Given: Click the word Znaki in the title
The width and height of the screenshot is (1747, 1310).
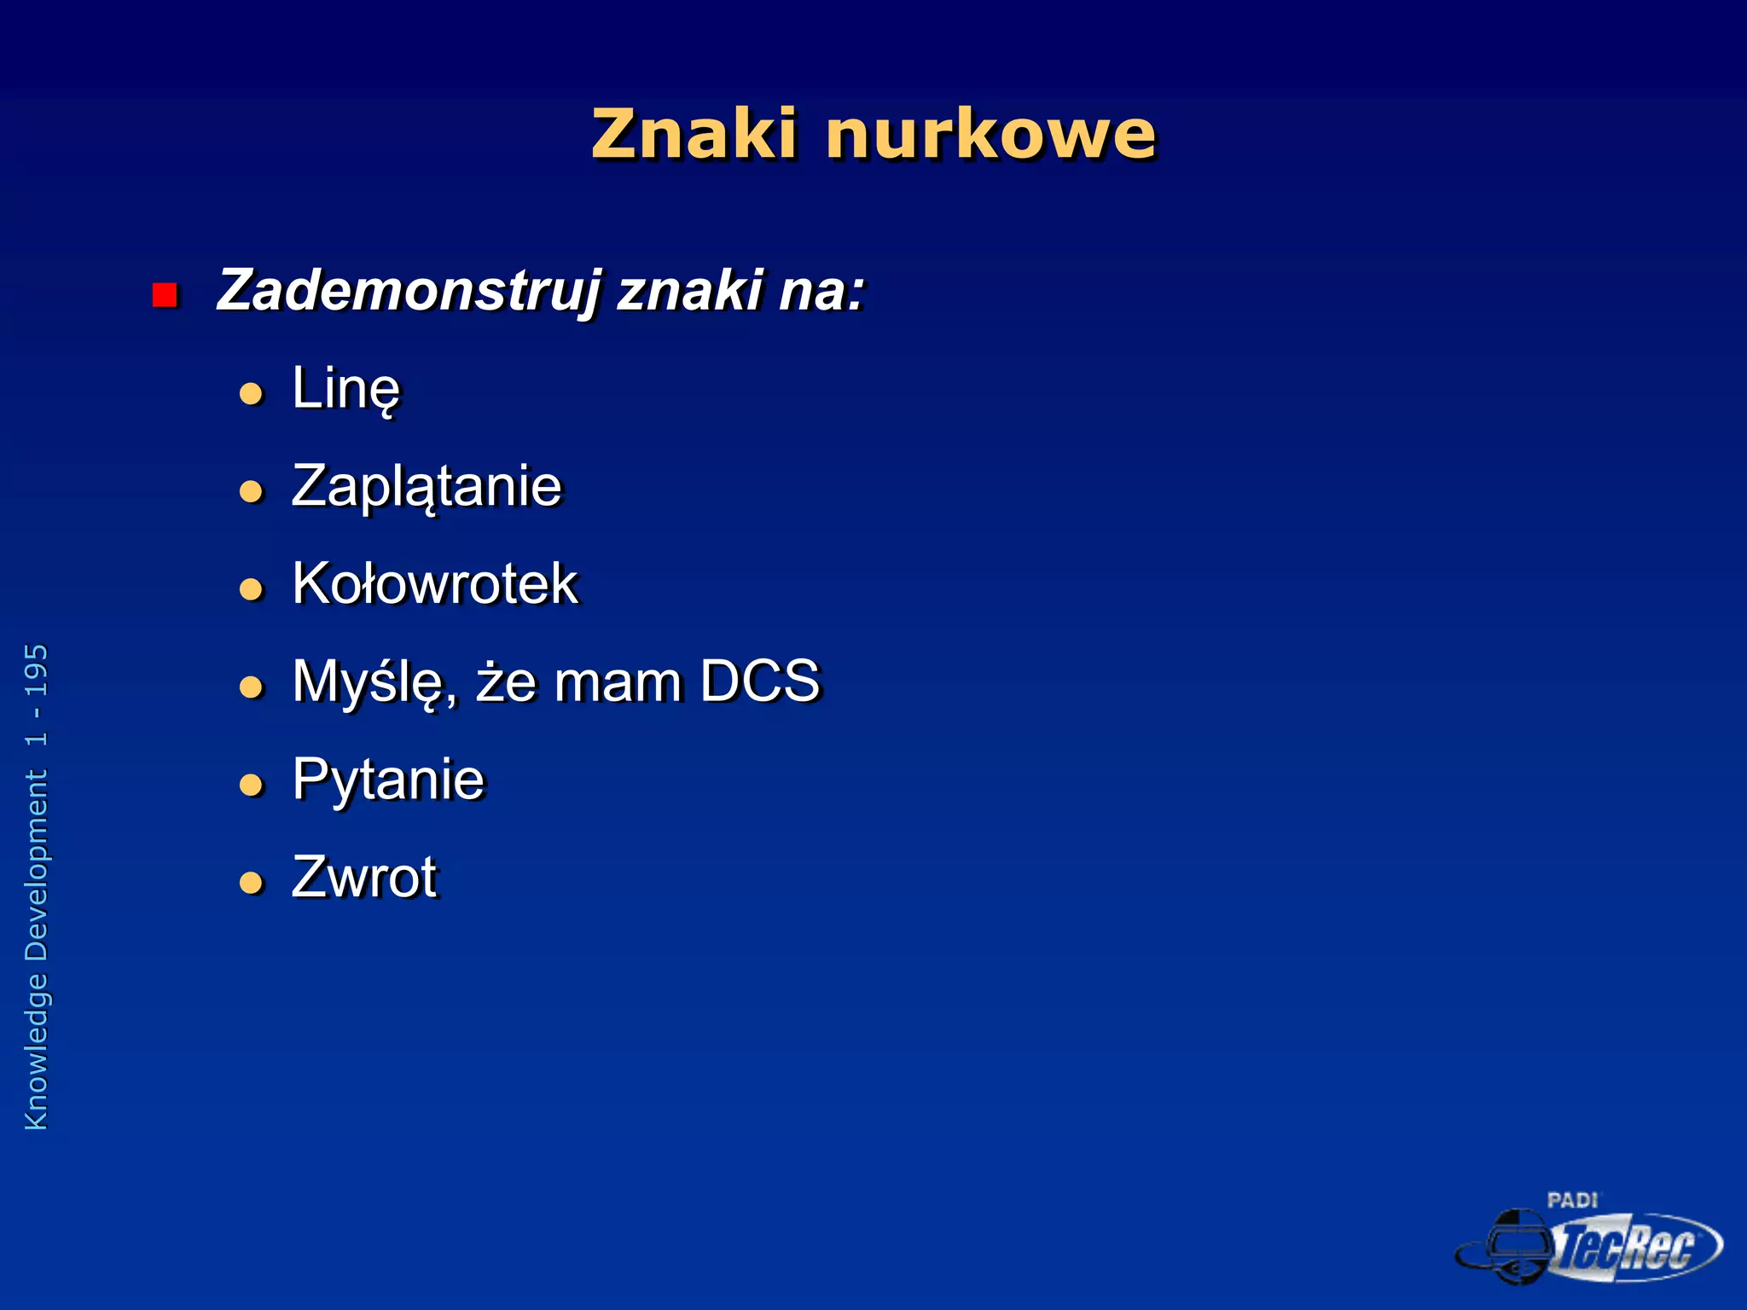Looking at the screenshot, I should (694, 135).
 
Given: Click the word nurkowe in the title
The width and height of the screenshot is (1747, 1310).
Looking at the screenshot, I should (990, 135).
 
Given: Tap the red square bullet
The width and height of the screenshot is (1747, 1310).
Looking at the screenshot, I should (165, 295).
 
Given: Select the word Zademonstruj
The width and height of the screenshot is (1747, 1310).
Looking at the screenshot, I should (409, 291).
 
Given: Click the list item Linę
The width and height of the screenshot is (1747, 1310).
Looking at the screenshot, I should (345, 389).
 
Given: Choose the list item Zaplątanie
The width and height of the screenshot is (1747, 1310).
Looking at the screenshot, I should (427, 487).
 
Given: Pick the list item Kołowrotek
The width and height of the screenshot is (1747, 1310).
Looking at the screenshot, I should (435, 584).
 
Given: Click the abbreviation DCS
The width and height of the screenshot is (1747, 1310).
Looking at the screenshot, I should (760, 681).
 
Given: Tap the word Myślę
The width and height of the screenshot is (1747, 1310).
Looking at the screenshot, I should (373, 683).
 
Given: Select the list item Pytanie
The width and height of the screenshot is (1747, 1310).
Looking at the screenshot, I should (388, 780).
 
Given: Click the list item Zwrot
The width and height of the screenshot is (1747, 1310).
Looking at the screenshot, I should (364, 877).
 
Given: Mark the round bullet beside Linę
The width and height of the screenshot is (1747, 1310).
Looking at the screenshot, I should (251, 393).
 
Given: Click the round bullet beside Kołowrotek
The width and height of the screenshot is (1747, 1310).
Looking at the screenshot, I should (251, 588).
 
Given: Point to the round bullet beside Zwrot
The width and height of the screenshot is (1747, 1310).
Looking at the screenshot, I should (251, 882).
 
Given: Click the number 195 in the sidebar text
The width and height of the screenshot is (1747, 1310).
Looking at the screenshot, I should (37, 670).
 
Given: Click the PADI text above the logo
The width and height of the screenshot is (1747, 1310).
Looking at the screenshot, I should (1572, 1200).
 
